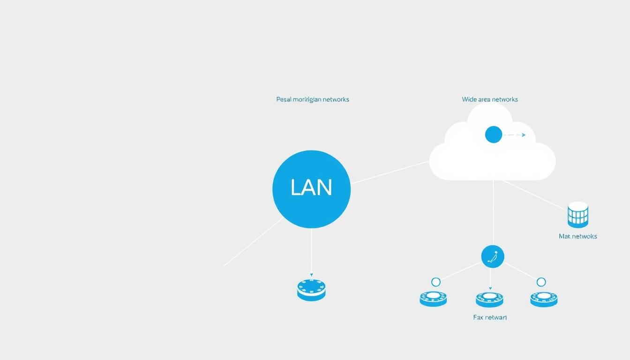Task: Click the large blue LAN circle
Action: (311, 189)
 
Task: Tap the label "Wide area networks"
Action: (490, 99)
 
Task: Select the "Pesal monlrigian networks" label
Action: (313, 99)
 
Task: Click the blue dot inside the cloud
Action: (494, 135)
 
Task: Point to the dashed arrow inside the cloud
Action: (515, 135)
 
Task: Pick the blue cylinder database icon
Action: (577, 215)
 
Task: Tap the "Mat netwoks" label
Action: (578, 236)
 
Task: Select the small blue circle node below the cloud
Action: (493, 256)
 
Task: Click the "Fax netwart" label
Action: (490, 317)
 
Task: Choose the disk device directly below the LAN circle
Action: (311, 290)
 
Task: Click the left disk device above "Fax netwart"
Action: (433, 299)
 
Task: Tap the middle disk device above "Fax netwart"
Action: (489, 299)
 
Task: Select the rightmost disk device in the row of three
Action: (544, 299)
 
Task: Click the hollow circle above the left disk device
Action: (436, 282)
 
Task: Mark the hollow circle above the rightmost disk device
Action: (541, 282)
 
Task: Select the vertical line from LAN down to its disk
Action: (311, 251)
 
